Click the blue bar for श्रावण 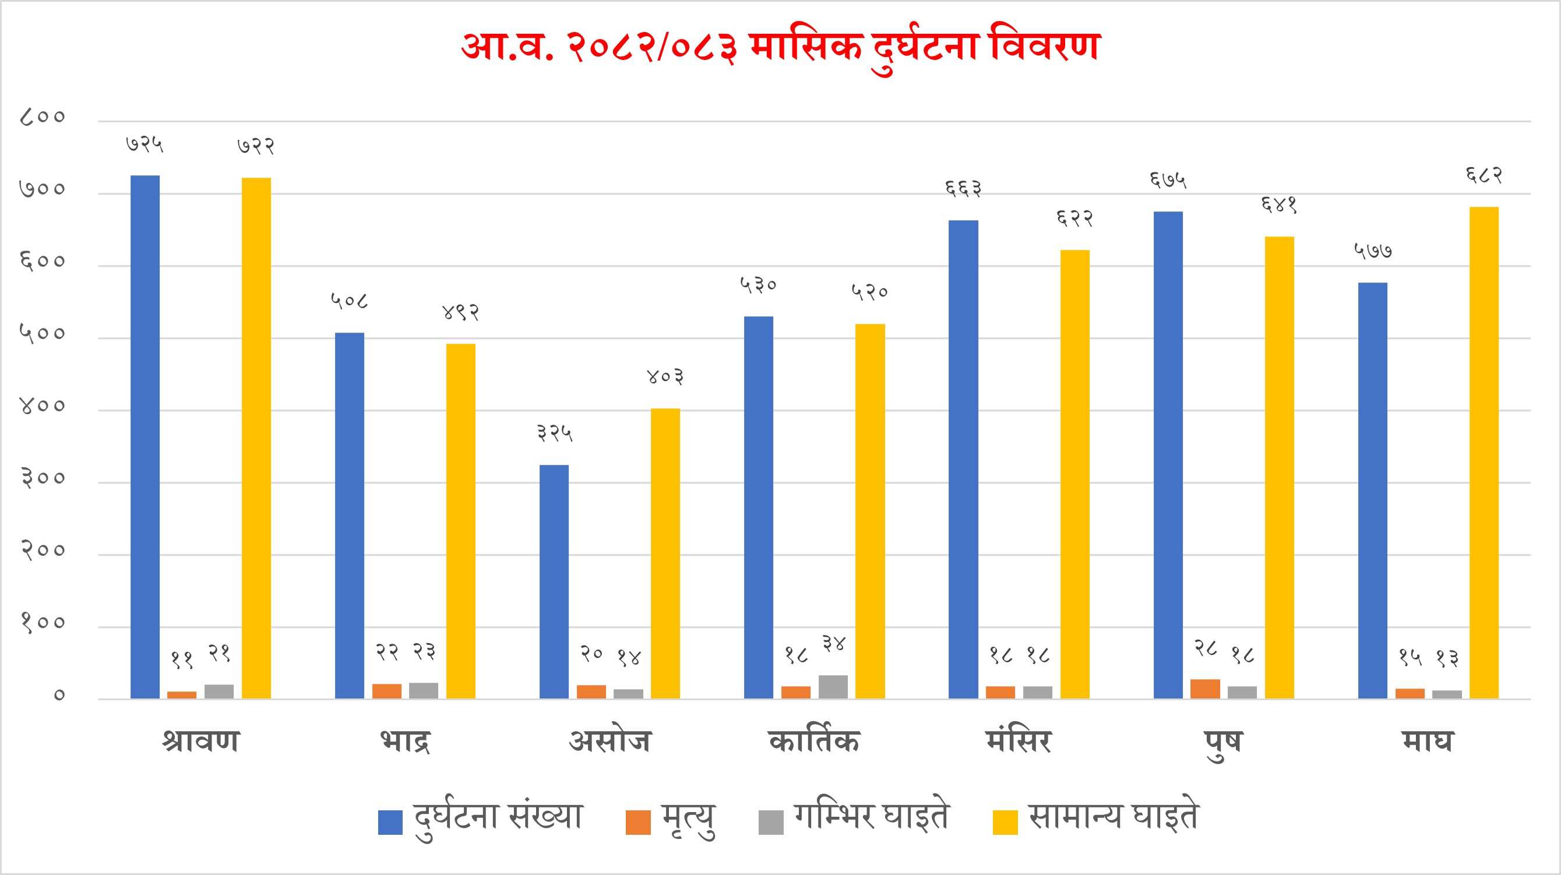pos(145,436)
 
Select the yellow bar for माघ pos(1484,452)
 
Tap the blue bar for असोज pos(554,581)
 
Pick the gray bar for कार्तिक pos(833,687)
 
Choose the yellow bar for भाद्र pos(460,521)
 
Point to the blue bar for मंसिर pos(963,458)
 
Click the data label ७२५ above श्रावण pos(145,144)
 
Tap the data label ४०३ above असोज pos(665,377)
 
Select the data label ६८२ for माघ pos(1484,175)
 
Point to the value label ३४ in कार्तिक pos(833,644)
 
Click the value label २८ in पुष pos(1206,648)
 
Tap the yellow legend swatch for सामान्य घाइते pos(1005,823)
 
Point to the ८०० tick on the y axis pos(43,117)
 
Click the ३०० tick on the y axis pos(43,478)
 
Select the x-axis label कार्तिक pos(814,741)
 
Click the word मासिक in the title pos(805,46)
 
